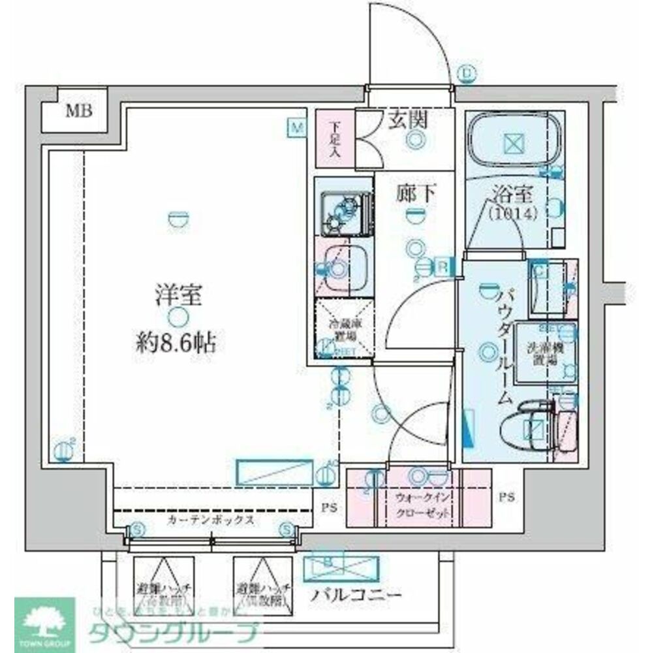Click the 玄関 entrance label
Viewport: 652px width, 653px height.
click(408, 119)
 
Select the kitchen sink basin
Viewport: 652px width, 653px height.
click(343, 269)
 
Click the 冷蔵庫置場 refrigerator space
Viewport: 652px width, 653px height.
click(344, 326)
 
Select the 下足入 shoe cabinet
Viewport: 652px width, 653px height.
click(335, 136)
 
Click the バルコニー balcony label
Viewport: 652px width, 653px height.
click(356, 595)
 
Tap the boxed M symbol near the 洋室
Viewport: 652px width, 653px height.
click(298, 127)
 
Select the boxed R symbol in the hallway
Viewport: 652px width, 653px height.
click(442, 266)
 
